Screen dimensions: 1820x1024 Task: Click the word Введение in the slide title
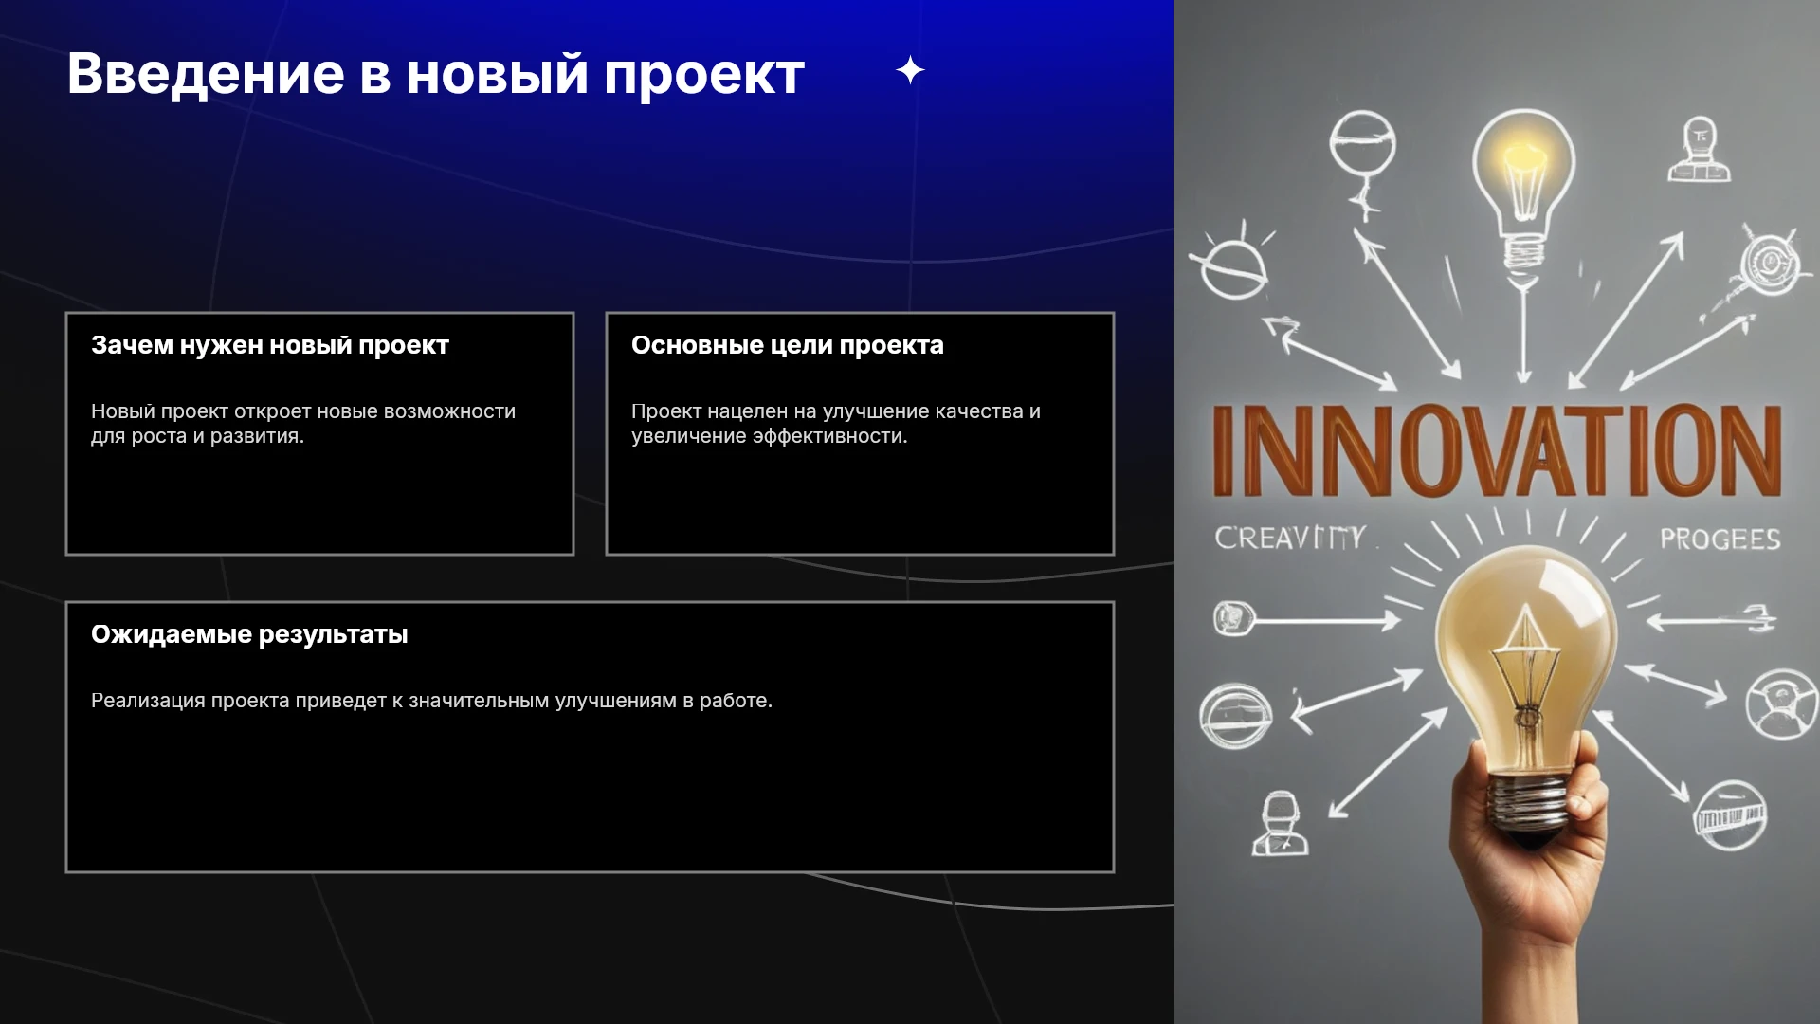pos(206,74)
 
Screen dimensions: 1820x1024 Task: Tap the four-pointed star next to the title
pos(910,70)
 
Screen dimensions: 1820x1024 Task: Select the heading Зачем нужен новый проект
pos(270,345)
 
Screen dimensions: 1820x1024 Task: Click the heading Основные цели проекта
pos(788,345)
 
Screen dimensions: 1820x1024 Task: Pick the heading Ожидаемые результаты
pos(249,634)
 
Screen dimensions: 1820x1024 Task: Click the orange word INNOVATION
pos(1497,450)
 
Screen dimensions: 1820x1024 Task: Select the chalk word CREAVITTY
pos(1290,538)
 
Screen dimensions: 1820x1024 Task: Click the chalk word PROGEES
pos(1720,539)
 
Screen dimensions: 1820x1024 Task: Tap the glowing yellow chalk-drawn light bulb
pos(1523,189)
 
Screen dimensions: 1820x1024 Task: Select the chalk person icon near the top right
pos(1699,150)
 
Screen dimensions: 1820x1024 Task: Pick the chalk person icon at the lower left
pos(1281,824)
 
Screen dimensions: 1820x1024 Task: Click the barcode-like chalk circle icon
pos(1730,815)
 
